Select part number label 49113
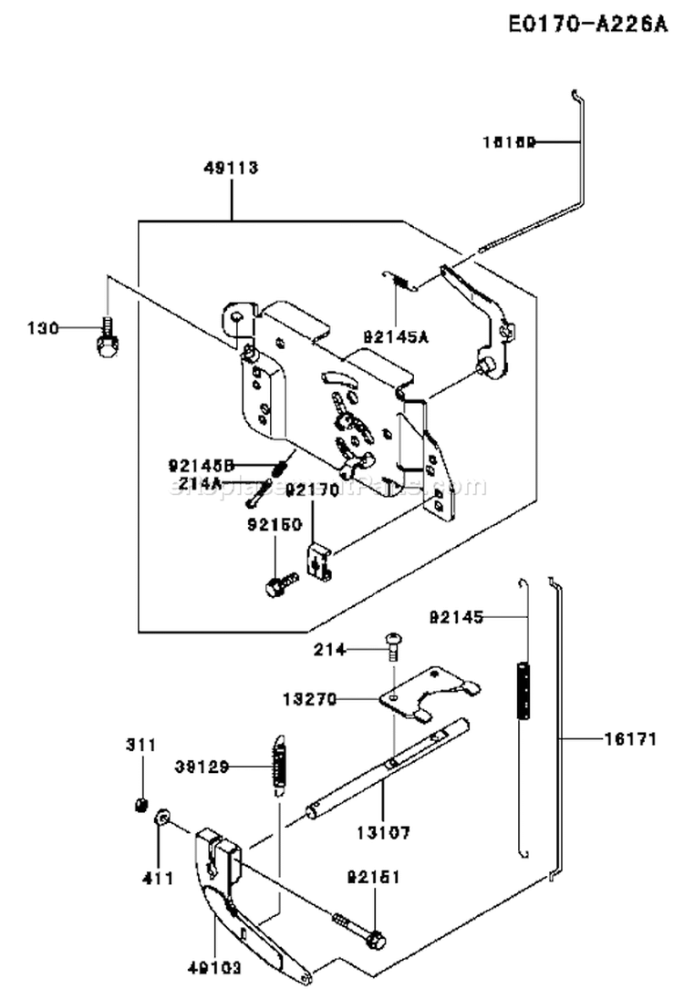[x=232, y=168]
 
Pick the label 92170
[x=312, y=489]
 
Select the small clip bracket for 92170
[x=317, y=562]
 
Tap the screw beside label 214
[x=394, y=644]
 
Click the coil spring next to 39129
[x=280, y=764]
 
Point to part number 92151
[x=374, y=879]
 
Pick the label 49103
[x=215, y=967]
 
